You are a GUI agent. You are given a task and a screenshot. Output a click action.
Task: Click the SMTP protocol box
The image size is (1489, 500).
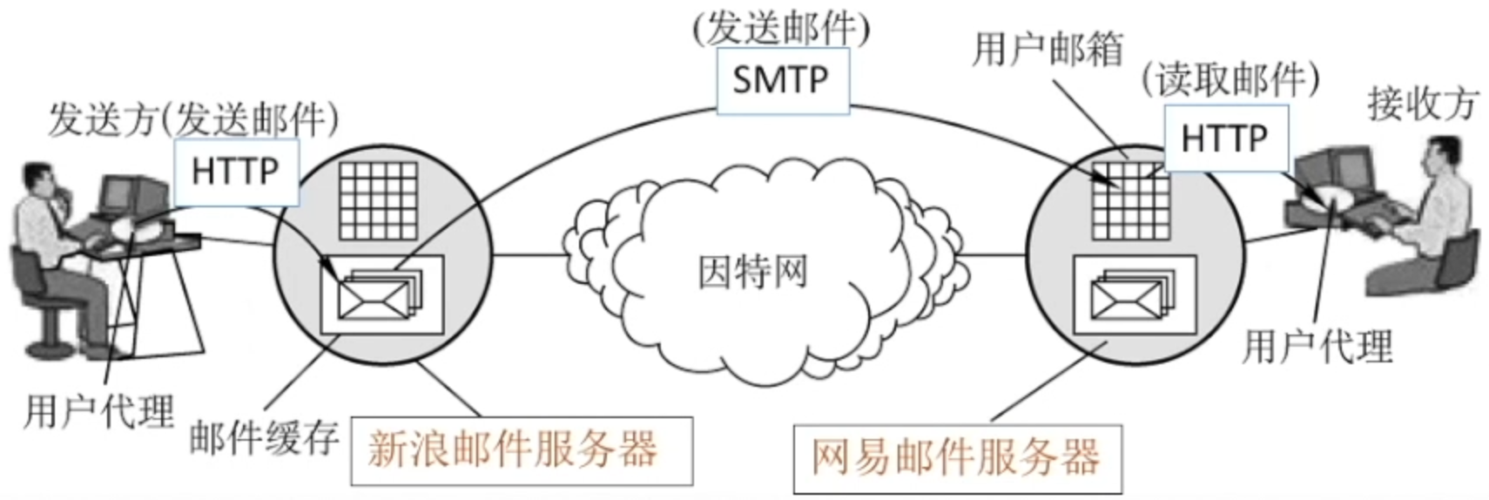(782, 80)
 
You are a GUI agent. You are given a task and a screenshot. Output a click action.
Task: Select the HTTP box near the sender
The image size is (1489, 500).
(235, 171)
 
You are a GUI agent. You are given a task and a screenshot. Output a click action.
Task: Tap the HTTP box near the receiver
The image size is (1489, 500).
(1224, 138)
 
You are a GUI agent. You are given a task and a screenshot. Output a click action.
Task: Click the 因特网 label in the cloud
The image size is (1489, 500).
(752, 272)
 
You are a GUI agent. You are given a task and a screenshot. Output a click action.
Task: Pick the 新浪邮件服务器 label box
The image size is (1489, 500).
(521, 450)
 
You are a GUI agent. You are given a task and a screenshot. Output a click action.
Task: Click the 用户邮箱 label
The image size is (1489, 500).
(1047, 49)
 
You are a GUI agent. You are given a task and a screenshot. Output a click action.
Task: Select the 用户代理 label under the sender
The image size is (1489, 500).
(98, 410)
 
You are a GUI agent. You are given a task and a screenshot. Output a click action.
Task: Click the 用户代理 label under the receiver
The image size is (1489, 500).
(1317, 346)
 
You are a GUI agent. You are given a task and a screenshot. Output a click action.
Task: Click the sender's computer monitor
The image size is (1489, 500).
(132, 195)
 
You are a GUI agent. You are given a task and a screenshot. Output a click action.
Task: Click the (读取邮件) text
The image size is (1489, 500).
(1230, 80)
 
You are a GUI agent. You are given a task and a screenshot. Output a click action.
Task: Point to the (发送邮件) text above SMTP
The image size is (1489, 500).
(781, 28)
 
